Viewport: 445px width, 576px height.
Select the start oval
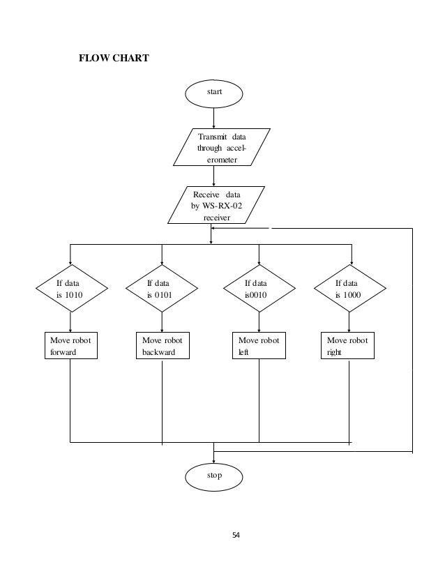[x=213, y=91]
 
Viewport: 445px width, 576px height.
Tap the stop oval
[x=214, y=476]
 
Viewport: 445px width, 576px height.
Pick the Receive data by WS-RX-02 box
[x=216, y=205]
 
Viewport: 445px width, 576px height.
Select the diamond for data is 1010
[x=71, y=289]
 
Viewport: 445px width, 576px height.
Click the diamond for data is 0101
[x=162, y=289]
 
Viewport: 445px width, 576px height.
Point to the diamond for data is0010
[x=258, y=289]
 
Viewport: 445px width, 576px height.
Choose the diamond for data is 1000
[x=351, y=289]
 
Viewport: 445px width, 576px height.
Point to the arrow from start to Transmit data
[x=213, y=116]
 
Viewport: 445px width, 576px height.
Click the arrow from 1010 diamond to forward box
[x=71, y=322]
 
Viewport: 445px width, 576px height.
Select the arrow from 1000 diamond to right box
[x=349, y=322]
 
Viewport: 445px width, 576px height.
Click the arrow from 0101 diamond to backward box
[x=162, y=322]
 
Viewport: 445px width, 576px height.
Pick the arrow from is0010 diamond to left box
[x=259, y=322]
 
